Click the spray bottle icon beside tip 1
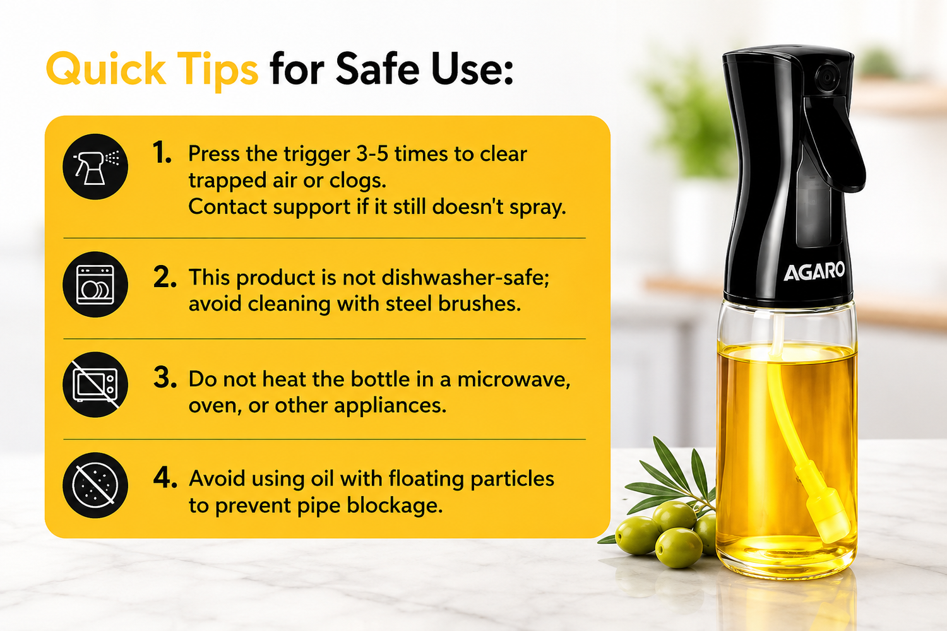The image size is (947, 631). point(95,167)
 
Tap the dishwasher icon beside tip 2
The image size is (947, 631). point(95,285)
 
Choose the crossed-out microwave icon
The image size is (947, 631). point(95,385)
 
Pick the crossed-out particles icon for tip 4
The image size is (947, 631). point(95,485)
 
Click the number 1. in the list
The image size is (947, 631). point(162,153)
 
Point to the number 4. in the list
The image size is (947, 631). point(165,478)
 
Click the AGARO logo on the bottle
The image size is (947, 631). point(814,271)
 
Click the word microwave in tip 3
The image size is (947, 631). point(514,379)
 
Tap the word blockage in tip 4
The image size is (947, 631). point(395,505)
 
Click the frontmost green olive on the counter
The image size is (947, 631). point(679,548)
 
